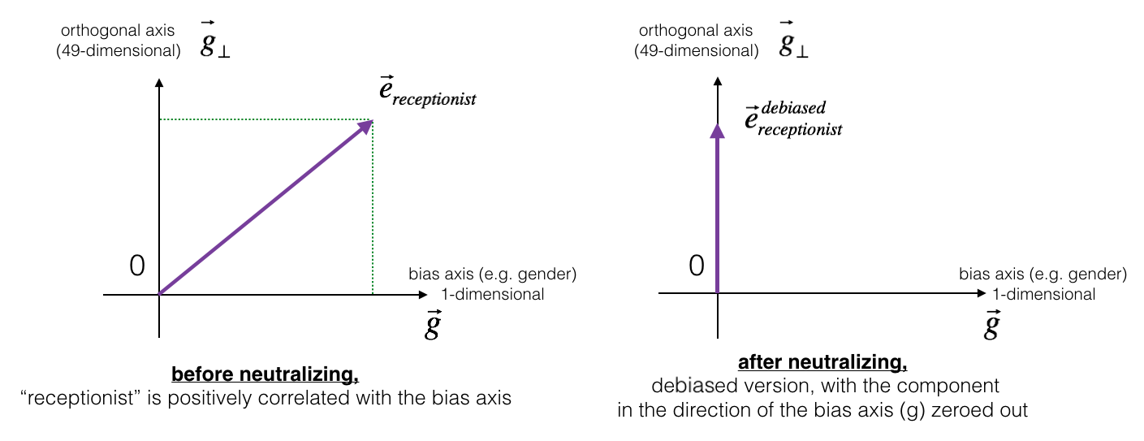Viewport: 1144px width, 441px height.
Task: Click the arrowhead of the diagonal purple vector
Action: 368,124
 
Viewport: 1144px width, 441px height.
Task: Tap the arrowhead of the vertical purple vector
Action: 717,130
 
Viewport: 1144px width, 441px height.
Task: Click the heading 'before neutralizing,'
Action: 265,376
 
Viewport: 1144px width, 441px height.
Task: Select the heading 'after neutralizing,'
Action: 822,361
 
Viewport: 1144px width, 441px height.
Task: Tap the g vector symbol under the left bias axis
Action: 432,326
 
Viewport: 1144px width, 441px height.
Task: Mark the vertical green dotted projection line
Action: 373,211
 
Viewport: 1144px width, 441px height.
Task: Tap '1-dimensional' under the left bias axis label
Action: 493,295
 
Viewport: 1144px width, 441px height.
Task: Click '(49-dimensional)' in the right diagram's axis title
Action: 697,51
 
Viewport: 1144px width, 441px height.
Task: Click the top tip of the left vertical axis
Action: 159,80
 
